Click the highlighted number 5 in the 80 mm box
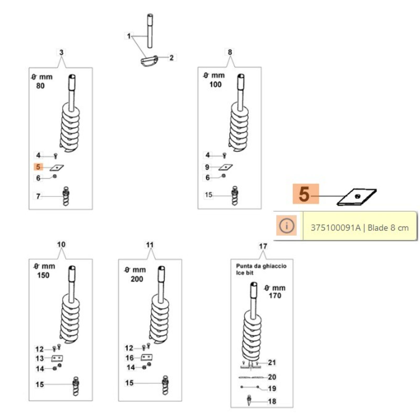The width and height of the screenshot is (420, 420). coord(38,167)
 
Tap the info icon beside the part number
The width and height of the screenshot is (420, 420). coord(286,225)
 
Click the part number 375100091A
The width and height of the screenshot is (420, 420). coord(335,228)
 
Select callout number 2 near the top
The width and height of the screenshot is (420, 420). coord(171,58)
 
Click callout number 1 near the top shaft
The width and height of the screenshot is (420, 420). coord(128,36)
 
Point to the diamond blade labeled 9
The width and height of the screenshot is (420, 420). coord(225,167)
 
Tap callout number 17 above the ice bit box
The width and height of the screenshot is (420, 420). coord(263,246)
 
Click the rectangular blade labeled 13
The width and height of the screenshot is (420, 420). coord(57,358)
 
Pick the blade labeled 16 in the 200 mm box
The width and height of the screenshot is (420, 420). coord(147,357)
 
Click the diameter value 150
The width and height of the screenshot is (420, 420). coord(43,275)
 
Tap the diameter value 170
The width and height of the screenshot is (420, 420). coord(275,296)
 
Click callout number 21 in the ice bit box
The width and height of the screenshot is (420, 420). coord(272,363)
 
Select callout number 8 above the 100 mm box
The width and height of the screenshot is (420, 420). coord(230,52)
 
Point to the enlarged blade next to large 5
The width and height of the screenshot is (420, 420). coord(356,197)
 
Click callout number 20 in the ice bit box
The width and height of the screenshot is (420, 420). coord(272,377)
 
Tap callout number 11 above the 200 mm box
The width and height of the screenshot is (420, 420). coord(150,245)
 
